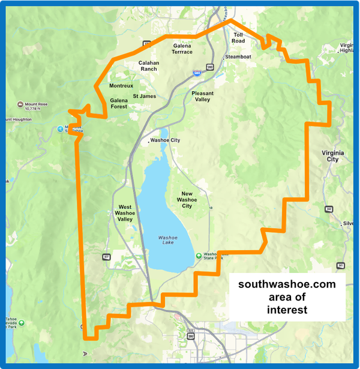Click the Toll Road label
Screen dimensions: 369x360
tap(238, 38)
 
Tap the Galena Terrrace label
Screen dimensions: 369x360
tap(182, 49)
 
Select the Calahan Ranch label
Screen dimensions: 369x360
tap(148, 65)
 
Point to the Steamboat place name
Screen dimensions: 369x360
tap(238, 57)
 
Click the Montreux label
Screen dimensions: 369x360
tap(121, 86)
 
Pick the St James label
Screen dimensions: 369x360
tap(144, 96)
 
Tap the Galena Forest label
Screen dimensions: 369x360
tap(119, 103)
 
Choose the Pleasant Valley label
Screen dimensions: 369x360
tap(202, 96)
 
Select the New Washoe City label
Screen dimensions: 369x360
tap(187, 200)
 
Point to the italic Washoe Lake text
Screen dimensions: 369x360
tap(168, 240)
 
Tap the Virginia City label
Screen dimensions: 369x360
tap(333, 156)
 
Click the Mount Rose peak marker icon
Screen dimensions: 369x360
tap(20, 103)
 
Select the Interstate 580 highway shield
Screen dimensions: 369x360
tap(197, 73)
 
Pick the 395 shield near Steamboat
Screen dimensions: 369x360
tap(209, 67)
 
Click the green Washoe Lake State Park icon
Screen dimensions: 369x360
tap(199, 256)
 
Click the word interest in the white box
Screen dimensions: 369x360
tap(287, 310)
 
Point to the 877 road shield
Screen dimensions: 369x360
tap(107, 256)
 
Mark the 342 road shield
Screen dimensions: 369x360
tap(329, 209)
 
